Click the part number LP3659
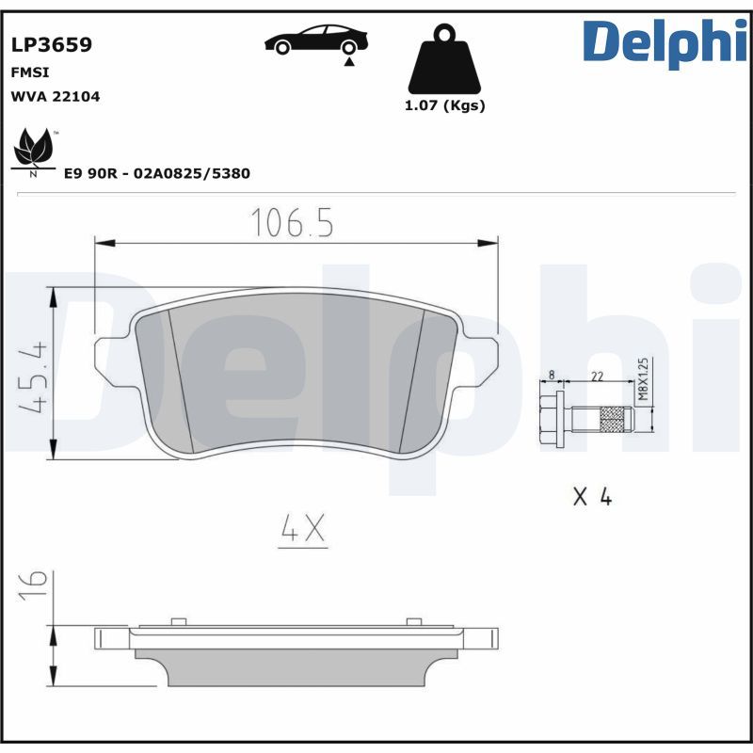click(x=51, y=45)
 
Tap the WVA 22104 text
click(x=55, y=96)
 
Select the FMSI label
click(x=29, y=72)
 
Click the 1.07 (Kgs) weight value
click(x=444, y=105)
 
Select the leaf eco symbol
click(x=35, y=150)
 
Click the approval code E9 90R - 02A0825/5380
click(x=156, y=174)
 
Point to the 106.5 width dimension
click(x=292, y=223)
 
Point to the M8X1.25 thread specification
click(x=644, y=379)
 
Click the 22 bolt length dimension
click(x=596, y=376)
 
